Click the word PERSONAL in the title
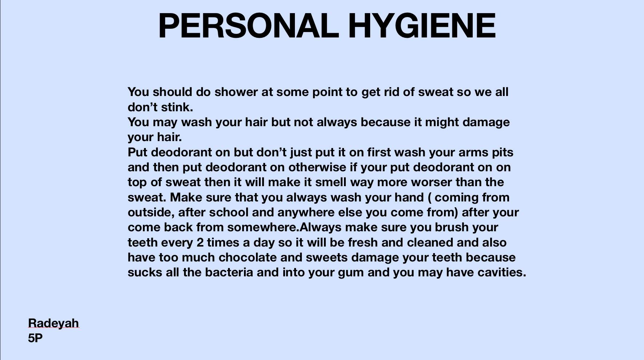(249, 26)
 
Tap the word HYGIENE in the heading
(422, 26)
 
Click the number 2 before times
(200, 243)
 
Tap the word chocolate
(248, 257)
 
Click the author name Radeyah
(53, 323)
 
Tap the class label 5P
(35, 338)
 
